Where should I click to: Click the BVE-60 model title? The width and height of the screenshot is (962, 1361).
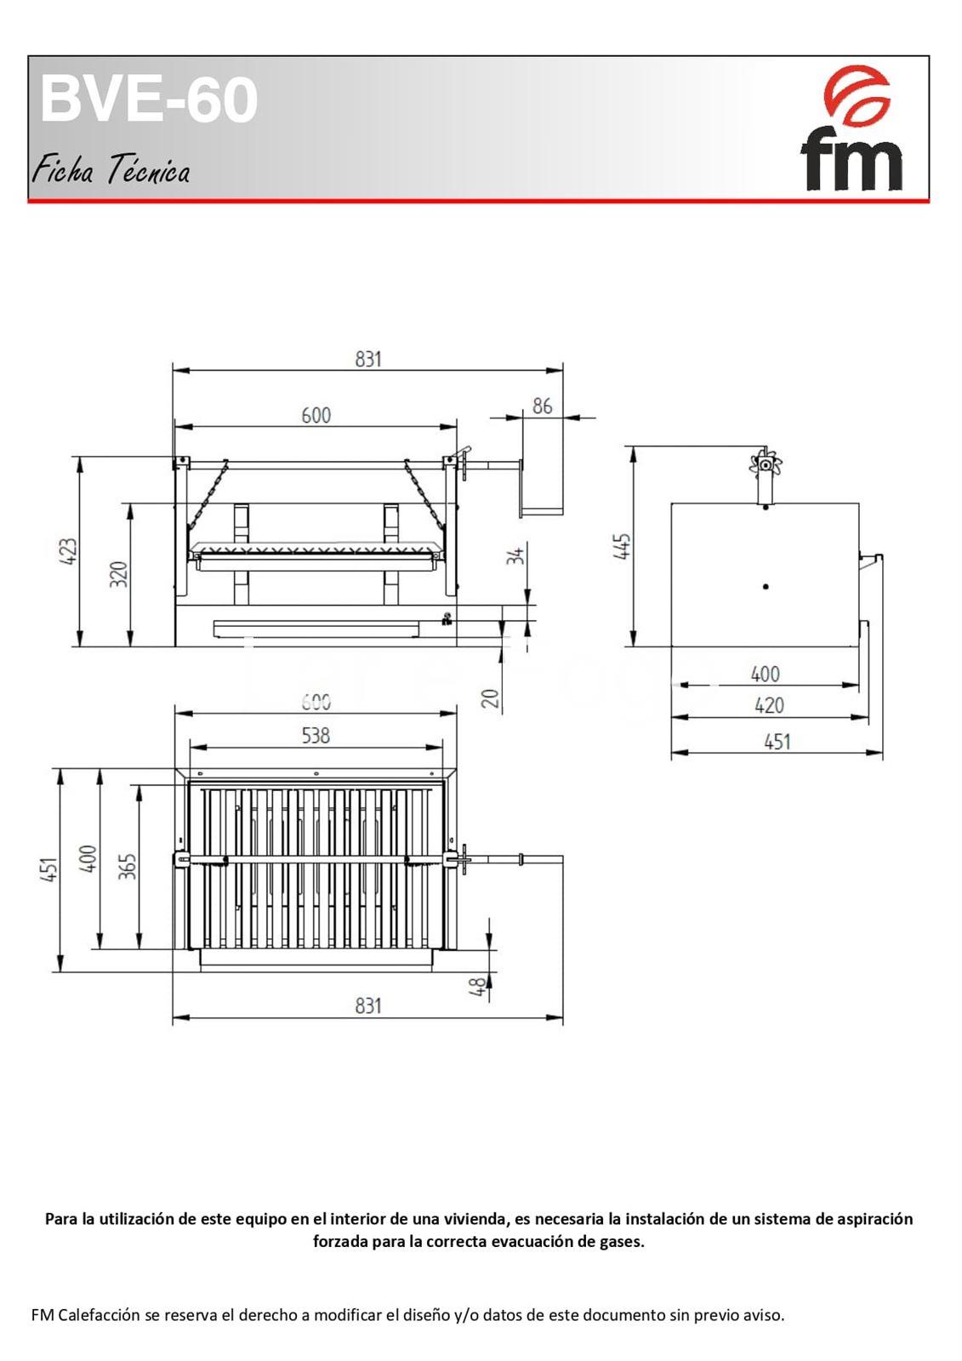[150, 100]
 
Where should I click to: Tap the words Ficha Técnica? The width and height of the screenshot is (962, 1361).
[111, 169]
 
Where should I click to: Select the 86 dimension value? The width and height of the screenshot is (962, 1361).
[542, 406]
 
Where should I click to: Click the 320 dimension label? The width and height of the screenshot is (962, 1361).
[119, 573]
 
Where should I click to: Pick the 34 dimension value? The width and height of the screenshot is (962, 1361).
[515, 555]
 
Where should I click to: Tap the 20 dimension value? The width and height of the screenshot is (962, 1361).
[490, 698]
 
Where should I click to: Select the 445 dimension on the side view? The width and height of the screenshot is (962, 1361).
[623, 547]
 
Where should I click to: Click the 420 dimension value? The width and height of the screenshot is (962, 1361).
[769, 705]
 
